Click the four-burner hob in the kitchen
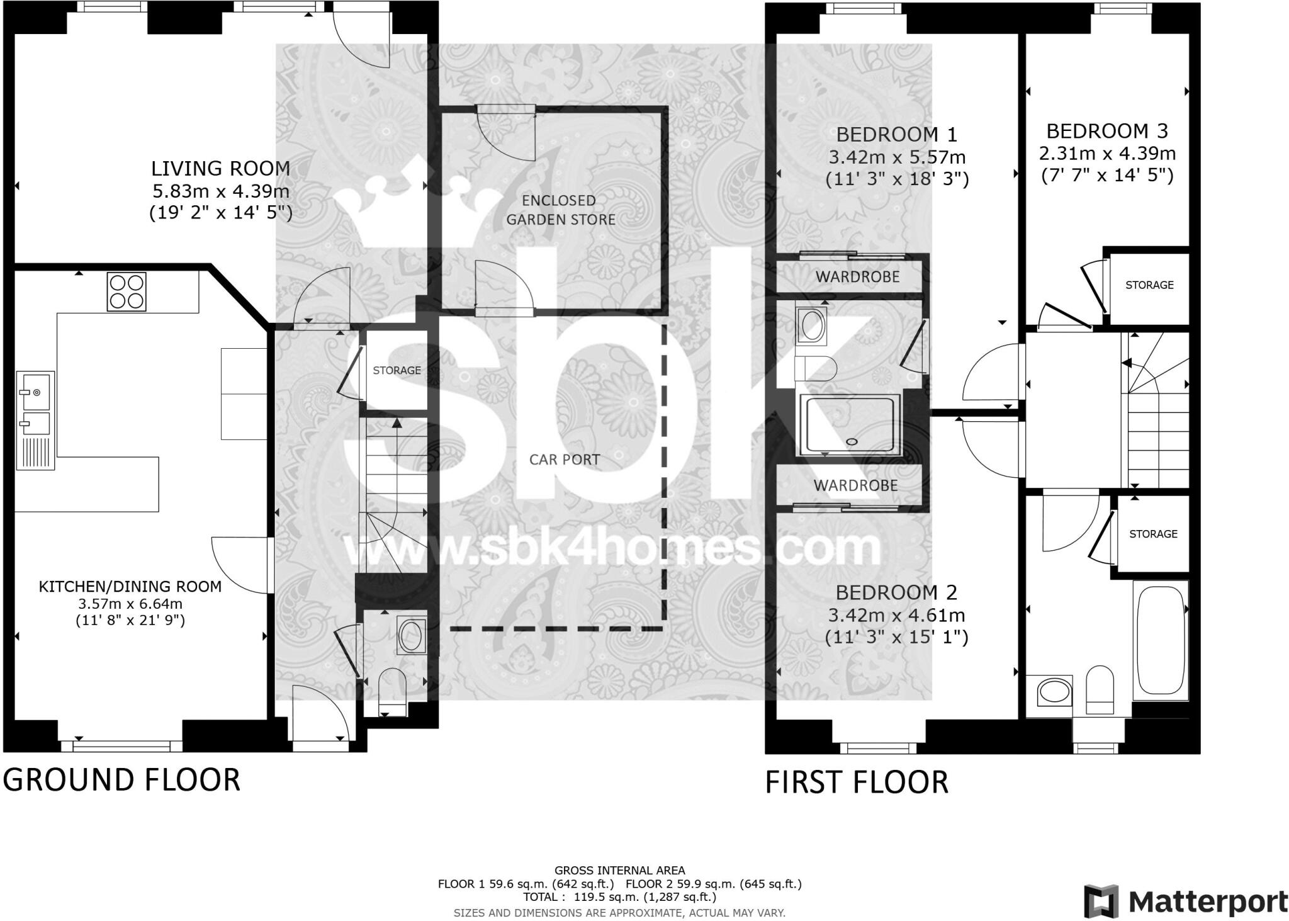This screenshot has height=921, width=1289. pos(127,291)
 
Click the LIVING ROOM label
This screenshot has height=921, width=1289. pos(220,169)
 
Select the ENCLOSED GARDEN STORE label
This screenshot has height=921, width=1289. pos(560,210)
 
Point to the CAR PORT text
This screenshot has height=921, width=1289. pos(564,460)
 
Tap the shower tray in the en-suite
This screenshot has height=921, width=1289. pos(848,425)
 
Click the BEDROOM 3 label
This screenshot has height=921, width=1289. pos(1106,131)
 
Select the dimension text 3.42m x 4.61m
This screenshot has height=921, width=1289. pos(896,615)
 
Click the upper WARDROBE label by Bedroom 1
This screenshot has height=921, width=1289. pos(857,276)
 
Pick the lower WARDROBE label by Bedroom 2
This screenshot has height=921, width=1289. pos(855,485)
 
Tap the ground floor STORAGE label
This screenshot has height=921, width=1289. pos(397,370)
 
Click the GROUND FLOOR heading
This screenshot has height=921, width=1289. pos(121,779)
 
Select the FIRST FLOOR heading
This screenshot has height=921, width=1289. pos(856,782)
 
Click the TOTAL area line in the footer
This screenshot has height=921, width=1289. pos(619,896)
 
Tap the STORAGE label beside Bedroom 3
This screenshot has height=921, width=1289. pos(1149,285)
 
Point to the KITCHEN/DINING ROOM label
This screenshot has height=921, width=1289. pos(130,587)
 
